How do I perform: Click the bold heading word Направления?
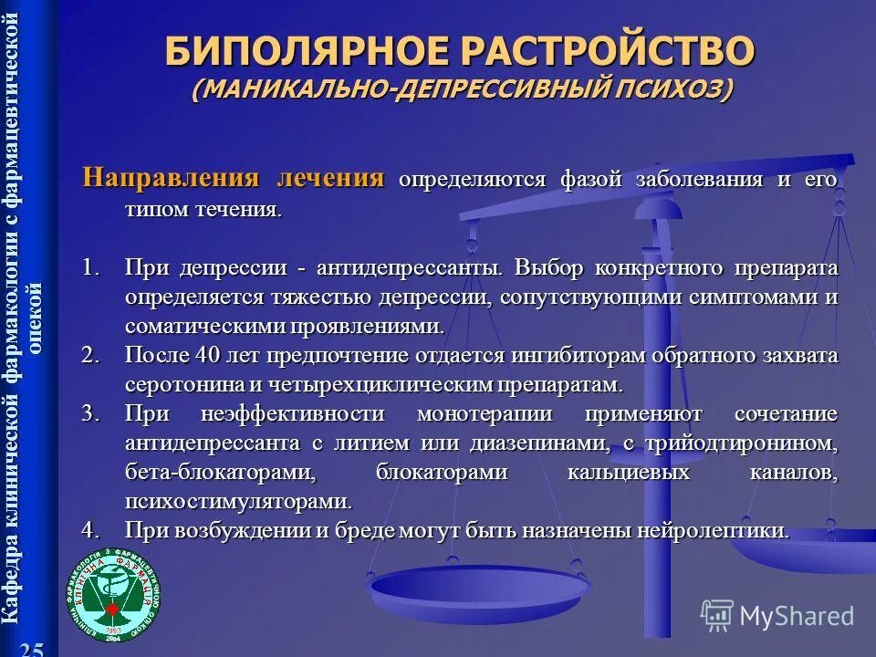(171, 177)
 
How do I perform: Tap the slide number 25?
(32, 648)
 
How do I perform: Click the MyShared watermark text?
(796, 616)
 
